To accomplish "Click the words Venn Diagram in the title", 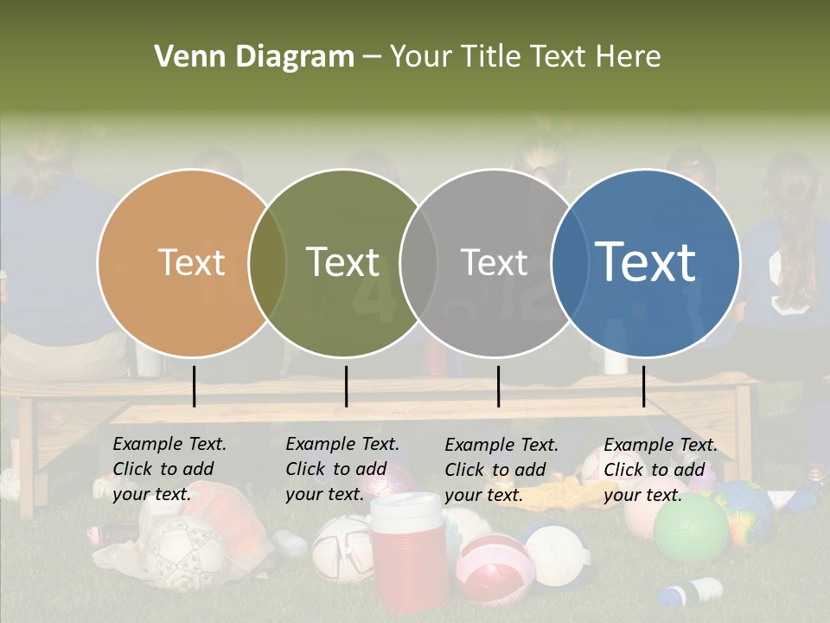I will click(254, 57).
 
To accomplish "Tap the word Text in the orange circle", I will click(191, 262).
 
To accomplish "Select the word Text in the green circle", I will click(343, 262).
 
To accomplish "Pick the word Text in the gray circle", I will click(494, 262).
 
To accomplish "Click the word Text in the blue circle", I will click(646, 261).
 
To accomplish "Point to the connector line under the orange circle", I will click(194, 386).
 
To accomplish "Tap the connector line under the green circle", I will click(346, 386).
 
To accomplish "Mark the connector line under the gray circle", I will click(498, 386).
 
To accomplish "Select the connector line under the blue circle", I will click(643, 386).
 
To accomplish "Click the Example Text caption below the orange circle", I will click(169, 468).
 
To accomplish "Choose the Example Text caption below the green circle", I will click(342, 468).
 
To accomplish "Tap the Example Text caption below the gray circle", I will click(501, 470).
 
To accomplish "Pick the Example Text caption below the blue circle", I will click(661, 470).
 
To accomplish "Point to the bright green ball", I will click(690, 528).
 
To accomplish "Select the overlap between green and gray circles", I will click(418, 263).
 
